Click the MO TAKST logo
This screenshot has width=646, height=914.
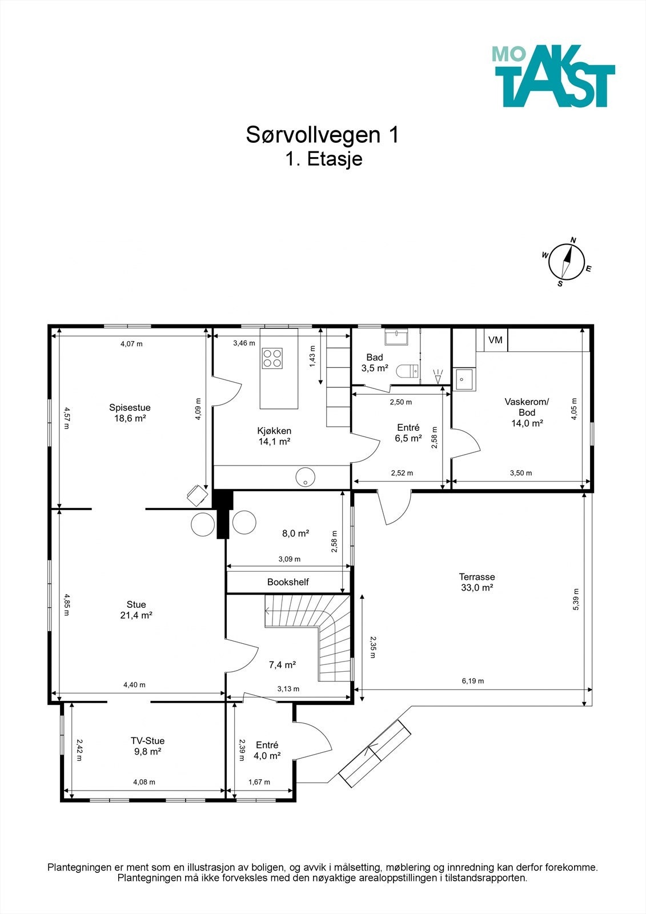pyautogui.click(x=553, y=76)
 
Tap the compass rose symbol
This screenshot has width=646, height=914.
pyautogui.click(x=567, y=262)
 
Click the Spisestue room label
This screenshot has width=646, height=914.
pyautogui.click(x=130, y=407)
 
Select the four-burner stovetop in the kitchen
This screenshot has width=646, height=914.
pyautogui.click(x=272, y=358)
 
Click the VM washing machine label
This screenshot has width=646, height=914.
pyautogui.click(x=495, y=340)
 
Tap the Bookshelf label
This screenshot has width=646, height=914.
pyautogui.click(x=288, y=582)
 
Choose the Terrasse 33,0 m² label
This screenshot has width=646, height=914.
pyautogui.click(x=476, y=582)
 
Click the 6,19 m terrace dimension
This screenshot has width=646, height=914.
pyautogui.click(x=473, y=680)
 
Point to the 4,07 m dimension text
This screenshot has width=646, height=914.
pyautogui.click(x=131, y=343)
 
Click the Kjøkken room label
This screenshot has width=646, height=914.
pyautogui.click(x=274, y=431)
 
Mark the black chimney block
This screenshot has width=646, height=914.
pyautogui.click(x=222, y=514)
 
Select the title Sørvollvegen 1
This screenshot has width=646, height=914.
pyautogui.click(x=322, y=135)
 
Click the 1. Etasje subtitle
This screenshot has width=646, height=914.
pyautogui.click(x=324, y=159)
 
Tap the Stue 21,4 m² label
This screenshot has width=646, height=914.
pyautogui.click(x=137, y=610)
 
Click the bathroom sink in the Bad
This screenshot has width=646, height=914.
pyautogui.click(x=396, y=337)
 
